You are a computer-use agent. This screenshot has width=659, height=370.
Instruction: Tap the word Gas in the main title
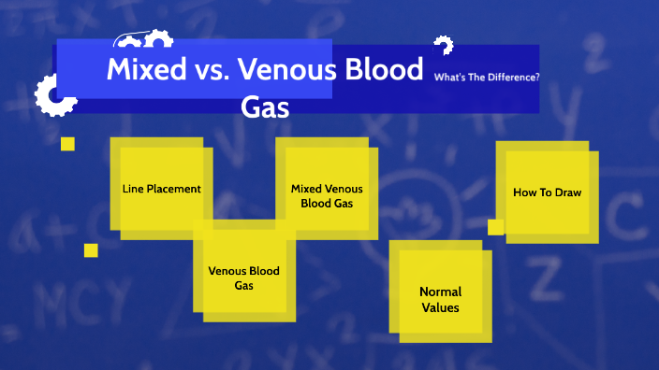coord(265,107)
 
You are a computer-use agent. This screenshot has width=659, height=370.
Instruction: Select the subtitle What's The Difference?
coord(487,77)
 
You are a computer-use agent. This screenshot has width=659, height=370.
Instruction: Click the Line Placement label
coord(161,189)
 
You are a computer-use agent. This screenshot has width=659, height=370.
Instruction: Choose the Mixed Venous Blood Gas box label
coord(327,195)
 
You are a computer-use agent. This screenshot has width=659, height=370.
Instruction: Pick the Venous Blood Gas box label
coord(243,277)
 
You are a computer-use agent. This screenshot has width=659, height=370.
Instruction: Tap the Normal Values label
coord(440,299)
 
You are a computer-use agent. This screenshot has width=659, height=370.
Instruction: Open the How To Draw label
coord(547,192)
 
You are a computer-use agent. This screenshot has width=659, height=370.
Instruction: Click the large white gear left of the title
coord(53,96)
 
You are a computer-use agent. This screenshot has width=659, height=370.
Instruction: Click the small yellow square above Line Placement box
coord(67,144)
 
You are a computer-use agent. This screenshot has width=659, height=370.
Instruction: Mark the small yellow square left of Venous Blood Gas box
coord(91,250)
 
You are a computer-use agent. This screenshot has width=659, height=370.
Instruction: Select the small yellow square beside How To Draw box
coord(495,227)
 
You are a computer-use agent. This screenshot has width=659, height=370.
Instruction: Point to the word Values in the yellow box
coord(440,307)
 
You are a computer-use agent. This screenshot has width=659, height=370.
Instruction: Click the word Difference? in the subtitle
coord(515,77)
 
